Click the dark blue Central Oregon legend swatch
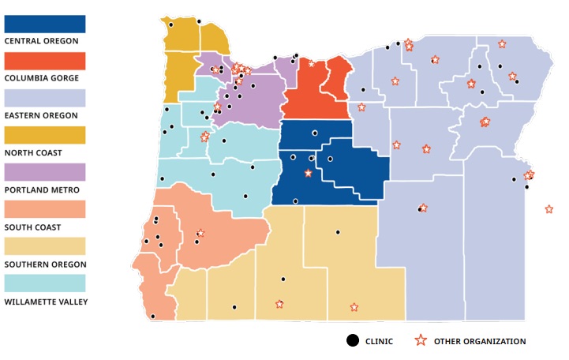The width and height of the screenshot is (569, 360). [45, 22]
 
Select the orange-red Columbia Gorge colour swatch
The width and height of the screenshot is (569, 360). [45, 60]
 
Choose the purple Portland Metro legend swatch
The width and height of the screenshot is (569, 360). [45, 172]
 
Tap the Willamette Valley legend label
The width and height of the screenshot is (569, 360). [46, 302]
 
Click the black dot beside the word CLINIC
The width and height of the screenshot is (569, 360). [352, 340]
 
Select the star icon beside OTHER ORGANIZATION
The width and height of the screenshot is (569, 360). [421, 340]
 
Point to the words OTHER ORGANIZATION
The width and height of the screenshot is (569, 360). [479, 341]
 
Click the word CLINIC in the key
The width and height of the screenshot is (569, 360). [378, 341]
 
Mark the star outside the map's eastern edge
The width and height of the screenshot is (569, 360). [548, 209]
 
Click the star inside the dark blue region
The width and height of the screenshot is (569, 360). [308, 174]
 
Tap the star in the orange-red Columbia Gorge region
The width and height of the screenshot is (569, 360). [311, 64]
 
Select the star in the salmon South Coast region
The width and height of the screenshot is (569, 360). [200, 233]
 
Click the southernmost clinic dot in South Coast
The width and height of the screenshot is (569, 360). [152, 317]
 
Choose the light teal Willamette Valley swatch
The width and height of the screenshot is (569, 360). [45, 283]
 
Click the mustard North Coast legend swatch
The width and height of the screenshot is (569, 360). [45, 135]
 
